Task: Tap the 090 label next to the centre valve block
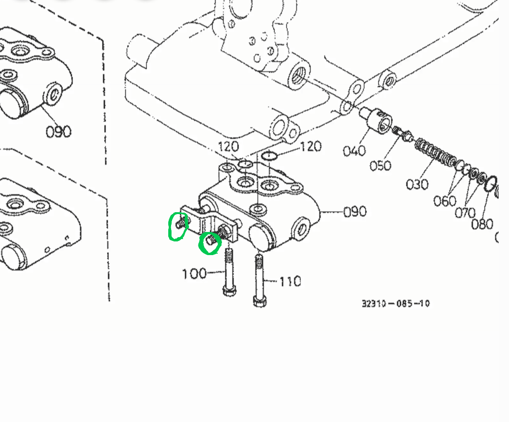[354, 212]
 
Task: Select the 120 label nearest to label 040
[310, 147]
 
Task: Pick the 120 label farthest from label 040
[229, 147]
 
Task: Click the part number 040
[354, 151]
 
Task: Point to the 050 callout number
[380, 165]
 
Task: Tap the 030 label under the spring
[417, 184]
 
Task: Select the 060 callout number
[444, 201]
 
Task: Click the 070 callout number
[465, 213]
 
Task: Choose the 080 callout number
[482, 223]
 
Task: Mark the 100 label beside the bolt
[194, 273]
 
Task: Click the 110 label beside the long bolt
[290, 281]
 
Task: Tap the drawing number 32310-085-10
[395, 303]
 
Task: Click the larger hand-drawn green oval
[178, 227]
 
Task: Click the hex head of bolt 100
[229, 290]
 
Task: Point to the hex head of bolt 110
[259, 300]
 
